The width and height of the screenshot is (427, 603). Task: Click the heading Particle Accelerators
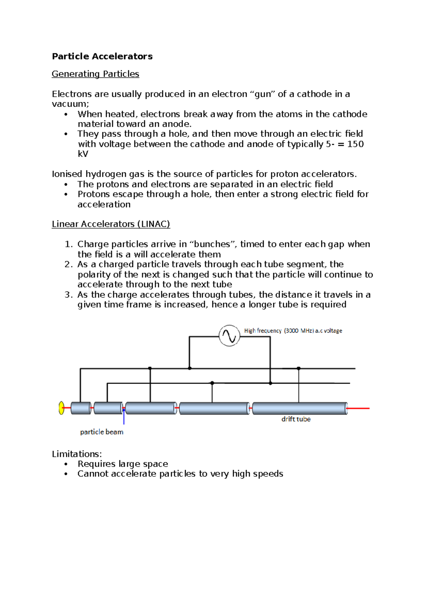pos(102,56)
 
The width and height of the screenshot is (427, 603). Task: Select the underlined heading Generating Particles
pos(95,74)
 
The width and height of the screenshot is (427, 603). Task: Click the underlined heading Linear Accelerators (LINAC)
pos(111,224)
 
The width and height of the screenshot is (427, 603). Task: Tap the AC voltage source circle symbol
pos(229,336)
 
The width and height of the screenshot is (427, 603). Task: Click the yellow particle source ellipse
pos(62,408)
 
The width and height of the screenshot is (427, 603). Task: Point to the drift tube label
pos(296,419)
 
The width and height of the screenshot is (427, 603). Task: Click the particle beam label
pos(101,432)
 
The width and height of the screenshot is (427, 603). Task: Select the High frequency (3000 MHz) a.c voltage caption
pos(293,331)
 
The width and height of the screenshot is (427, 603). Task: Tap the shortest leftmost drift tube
pos(81,408)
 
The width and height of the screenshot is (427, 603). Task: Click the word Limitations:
pos(77,454)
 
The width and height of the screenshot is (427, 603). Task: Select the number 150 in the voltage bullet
pos(355,144)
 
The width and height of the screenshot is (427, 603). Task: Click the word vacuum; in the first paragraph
pos(70,104)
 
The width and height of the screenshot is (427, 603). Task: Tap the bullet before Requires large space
pos(66,464)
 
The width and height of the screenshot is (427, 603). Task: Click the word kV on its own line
pos(83,154)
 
